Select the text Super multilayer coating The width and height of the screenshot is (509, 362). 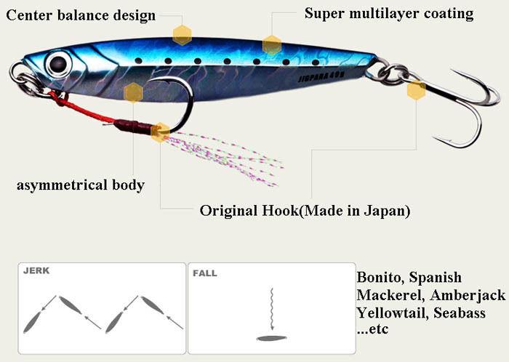(389, 13)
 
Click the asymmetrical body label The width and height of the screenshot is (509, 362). (80, 185)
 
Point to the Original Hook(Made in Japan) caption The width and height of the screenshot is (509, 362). (305, 211)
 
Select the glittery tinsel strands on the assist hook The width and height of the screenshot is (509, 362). (225, 153)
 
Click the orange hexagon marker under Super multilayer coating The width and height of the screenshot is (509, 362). (272, 45)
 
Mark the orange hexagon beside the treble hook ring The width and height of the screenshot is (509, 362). (416, 90)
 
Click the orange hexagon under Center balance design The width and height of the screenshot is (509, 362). (182, 34)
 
